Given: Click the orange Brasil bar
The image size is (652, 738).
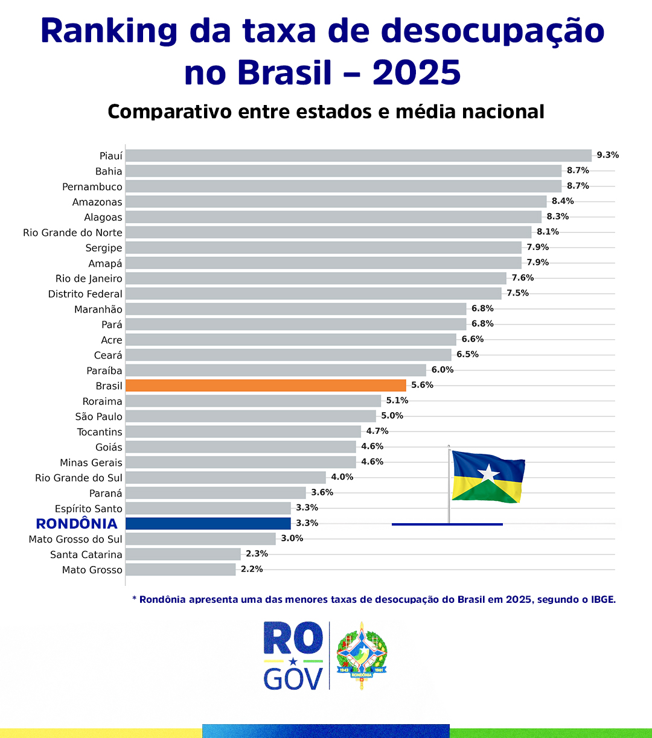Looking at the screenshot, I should click(266, 386).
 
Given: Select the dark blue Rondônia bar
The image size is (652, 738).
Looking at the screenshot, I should click(208, 523).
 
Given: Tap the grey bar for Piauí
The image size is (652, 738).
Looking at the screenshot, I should click(358, 156).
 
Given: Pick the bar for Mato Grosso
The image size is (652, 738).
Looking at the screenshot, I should click(181, 570).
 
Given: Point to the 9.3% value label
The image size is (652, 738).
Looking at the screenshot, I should click(607, 155).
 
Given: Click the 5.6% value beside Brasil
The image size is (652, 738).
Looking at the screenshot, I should click(422, 385).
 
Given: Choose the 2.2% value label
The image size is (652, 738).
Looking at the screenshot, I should click(251, 569).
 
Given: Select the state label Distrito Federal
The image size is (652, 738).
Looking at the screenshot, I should click(85, 294).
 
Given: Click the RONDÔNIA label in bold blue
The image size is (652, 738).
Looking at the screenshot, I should click(77, 524).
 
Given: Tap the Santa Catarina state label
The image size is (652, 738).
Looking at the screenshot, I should click(86, 555).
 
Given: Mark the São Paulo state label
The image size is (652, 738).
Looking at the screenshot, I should click(98, 416).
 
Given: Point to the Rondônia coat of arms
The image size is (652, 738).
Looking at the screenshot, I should click(361, 655).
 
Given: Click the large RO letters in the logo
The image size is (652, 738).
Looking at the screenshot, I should click(293, 638).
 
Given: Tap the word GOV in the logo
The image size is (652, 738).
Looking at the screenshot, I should click(293, 679).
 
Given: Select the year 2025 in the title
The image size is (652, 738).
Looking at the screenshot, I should click(417, 72).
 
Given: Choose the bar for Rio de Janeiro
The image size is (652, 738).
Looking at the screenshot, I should click(316, 278).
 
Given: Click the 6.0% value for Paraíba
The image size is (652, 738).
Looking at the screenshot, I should click(442, 370).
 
